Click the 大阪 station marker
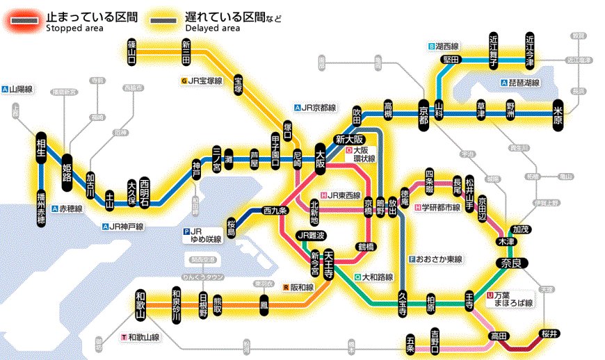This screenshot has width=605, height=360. coord(321,158)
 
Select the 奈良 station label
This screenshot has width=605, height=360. coord(512,263)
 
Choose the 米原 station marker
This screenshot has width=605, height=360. coord(558,113)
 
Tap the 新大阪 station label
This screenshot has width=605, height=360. coord(348,138)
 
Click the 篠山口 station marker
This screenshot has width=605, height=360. coord(131,52)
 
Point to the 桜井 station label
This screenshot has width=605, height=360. coord(549,334)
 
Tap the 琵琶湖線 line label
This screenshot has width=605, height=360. coord(522,83)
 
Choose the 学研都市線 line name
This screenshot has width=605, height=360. coord(437,207)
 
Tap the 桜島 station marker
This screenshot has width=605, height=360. coord(232,227)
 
